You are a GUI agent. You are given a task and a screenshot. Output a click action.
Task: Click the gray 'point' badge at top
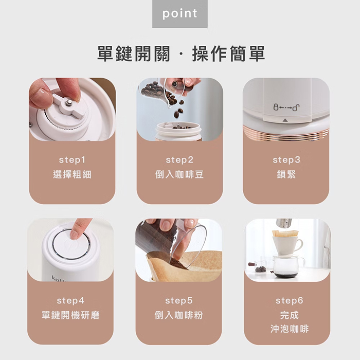[x=179, y=14]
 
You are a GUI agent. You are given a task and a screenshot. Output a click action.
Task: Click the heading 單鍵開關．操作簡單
[x=181, y=53]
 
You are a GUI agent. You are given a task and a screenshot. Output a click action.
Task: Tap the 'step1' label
[x=72, y=160]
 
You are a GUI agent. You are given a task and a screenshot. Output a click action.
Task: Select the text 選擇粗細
[x=72, y=175]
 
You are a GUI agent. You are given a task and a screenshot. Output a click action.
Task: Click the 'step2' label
[x=179, y=160]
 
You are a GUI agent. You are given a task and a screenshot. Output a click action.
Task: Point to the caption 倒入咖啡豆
[x=179, y=175]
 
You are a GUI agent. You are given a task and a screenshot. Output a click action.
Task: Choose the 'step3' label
[x=286, y=160]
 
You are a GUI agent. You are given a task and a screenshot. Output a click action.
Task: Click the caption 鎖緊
[x=286, y=175]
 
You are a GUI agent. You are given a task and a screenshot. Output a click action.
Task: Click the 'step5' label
[x=178, y=300]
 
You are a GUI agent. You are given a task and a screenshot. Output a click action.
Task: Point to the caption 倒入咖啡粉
[x=178, y=315]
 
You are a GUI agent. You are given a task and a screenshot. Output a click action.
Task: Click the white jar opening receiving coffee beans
[x=178, y=127]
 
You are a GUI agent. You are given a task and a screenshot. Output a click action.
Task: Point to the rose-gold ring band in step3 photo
[x=286, y=134]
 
